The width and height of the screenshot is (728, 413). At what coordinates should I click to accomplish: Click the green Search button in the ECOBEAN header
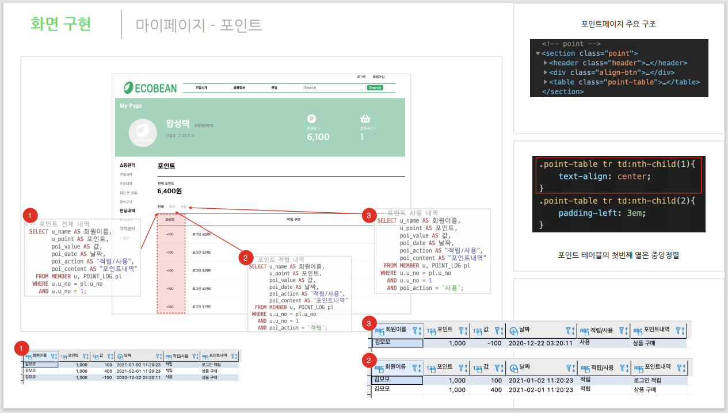pos(375,88)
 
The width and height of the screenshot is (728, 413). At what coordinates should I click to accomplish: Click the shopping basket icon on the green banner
pos(365,118)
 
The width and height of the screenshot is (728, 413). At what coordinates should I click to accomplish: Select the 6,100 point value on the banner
pos(318,137)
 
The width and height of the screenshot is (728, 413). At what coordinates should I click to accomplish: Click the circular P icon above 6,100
pos(312,118)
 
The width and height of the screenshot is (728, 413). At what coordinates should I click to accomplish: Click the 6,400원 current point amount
pos(170,191)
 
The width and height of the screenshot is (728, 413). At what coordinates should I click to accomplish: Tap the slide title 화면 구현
pos(61,25)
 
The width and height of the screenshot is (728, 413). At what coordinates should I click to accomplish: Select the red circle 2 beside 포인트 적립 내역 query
pos(246,257)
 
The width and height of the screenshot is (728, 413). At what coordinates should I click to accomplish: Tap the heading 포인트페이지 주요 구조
pos(619,24)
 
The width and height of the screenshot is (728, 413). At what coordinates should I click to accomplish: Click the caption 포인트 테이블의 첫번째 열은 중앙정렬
pos(618,255)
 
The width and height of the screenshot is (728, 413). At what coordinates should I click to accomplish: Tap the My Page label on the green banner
pos(131,106)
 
